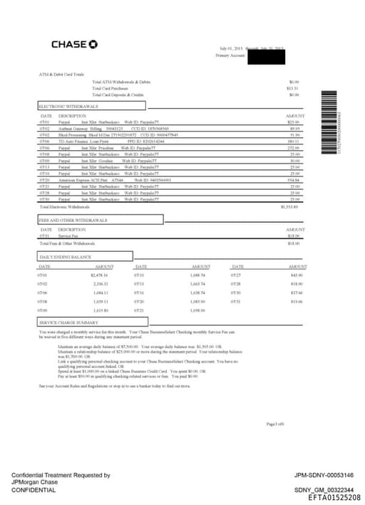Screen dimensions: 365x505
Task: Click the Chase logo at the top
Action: click(74, 45)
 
